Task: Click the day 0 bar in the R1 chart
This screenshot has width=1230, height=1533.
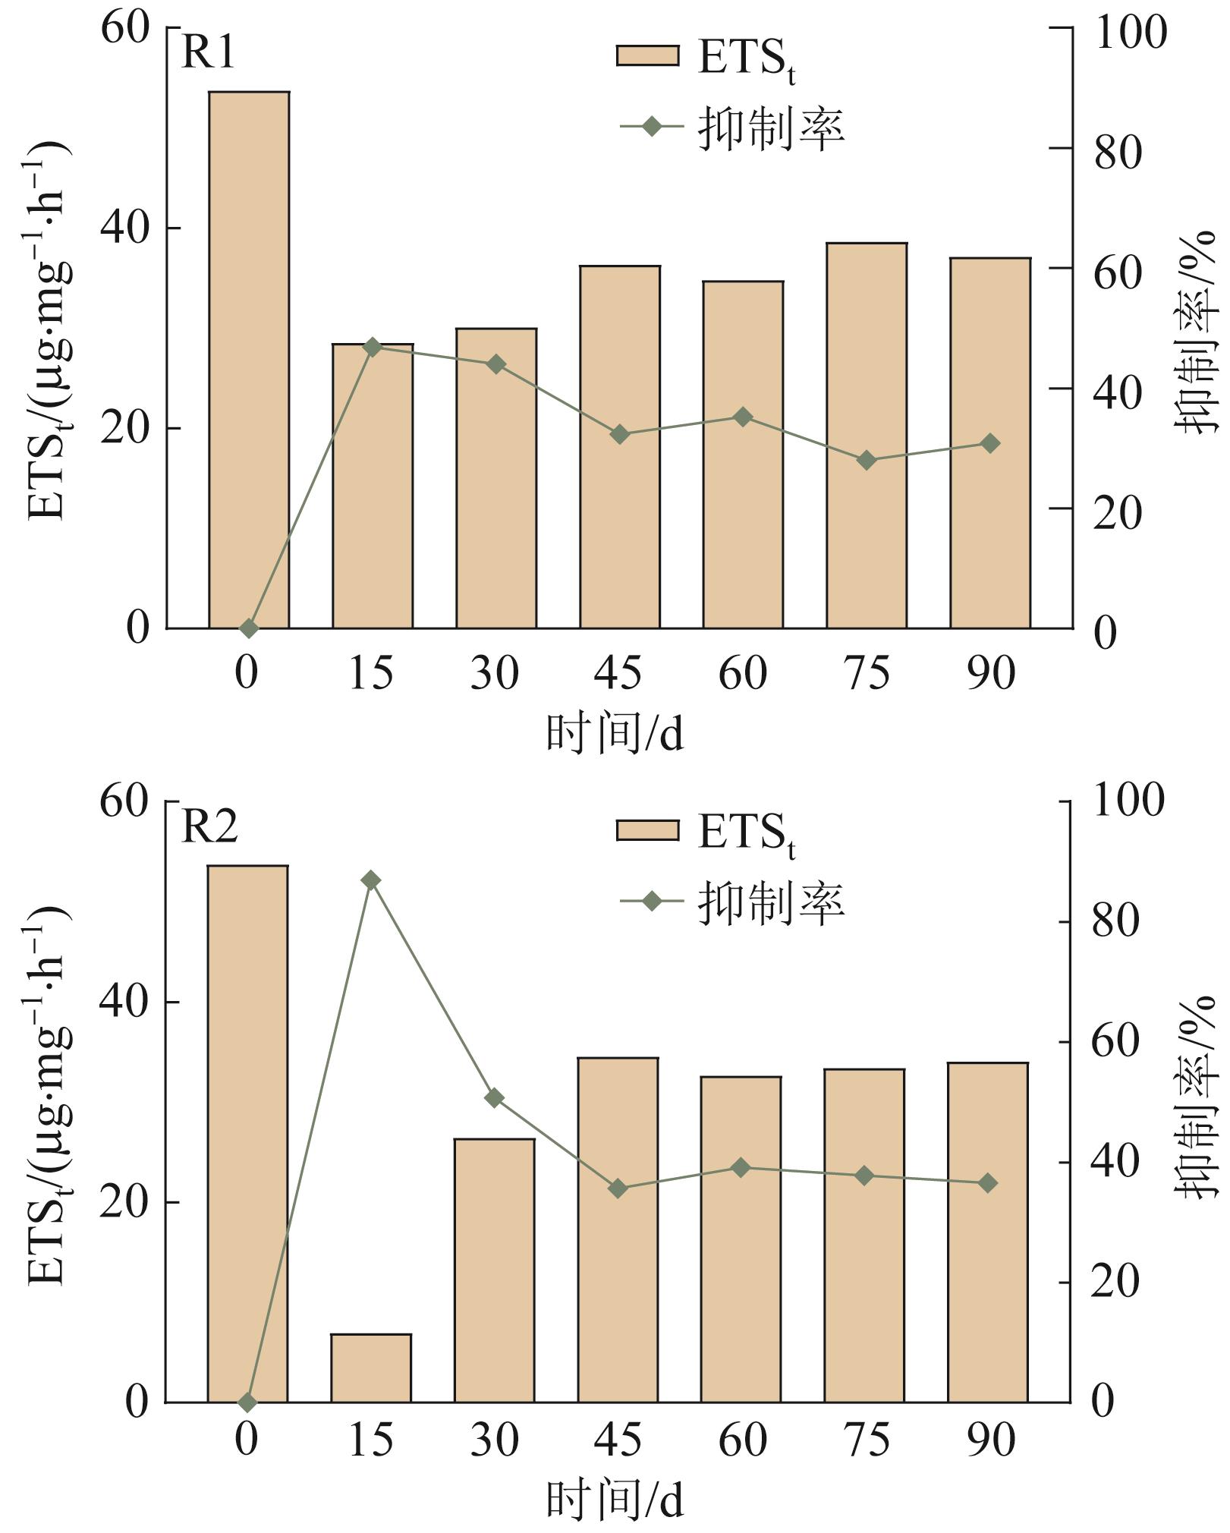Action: (249, 360)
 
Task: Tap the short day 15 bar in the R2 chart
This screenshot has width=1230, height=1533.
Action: (371, 1368)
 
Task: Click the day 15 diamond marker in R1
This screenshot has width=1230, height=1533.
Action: (372, 347)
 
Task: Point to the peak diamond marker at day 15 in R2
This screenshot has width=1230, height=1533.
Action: (370, 880)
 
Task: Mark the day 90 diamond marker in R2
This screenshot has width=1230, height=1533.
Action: (987, 1182)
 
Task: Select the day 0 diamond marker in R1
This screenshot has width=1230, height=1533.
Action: (249, 628)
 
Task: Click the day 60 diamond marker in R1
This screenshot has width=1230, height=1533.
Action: (743, 417)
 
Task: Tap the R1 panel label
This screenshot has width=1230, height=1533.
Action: (209, 53)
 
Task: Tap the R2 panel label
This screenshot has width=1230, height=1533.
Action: (209, 826)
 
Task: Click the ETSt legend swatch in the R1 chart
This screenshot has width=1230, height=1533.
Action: (647, 56)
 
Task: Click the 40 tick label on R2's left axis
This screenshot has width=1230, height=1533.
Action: (124, 1003)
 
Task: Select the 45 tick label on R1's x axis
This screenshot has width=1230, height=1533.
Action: (618, 673)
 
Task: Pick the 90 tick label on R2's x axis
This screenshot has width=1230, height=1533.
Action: (990, 1440)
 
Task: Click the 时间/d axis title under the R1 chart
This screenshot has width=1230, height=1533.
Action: (615, 734)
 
